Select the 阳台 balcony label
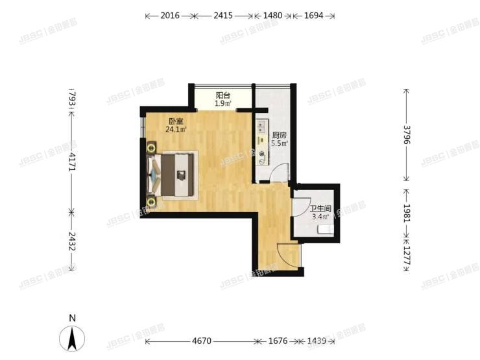[x=223, y=95]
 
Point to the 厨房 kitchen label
[x=279, y=136]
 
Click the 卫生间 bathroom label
[x=321, y=209]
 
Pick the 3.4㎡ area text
[x=320, y=217]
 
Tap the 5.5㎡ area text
[x=279, y=144]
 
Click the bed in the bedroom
[x=174, y=174]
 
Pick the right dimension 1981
[x=407, y=214]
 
